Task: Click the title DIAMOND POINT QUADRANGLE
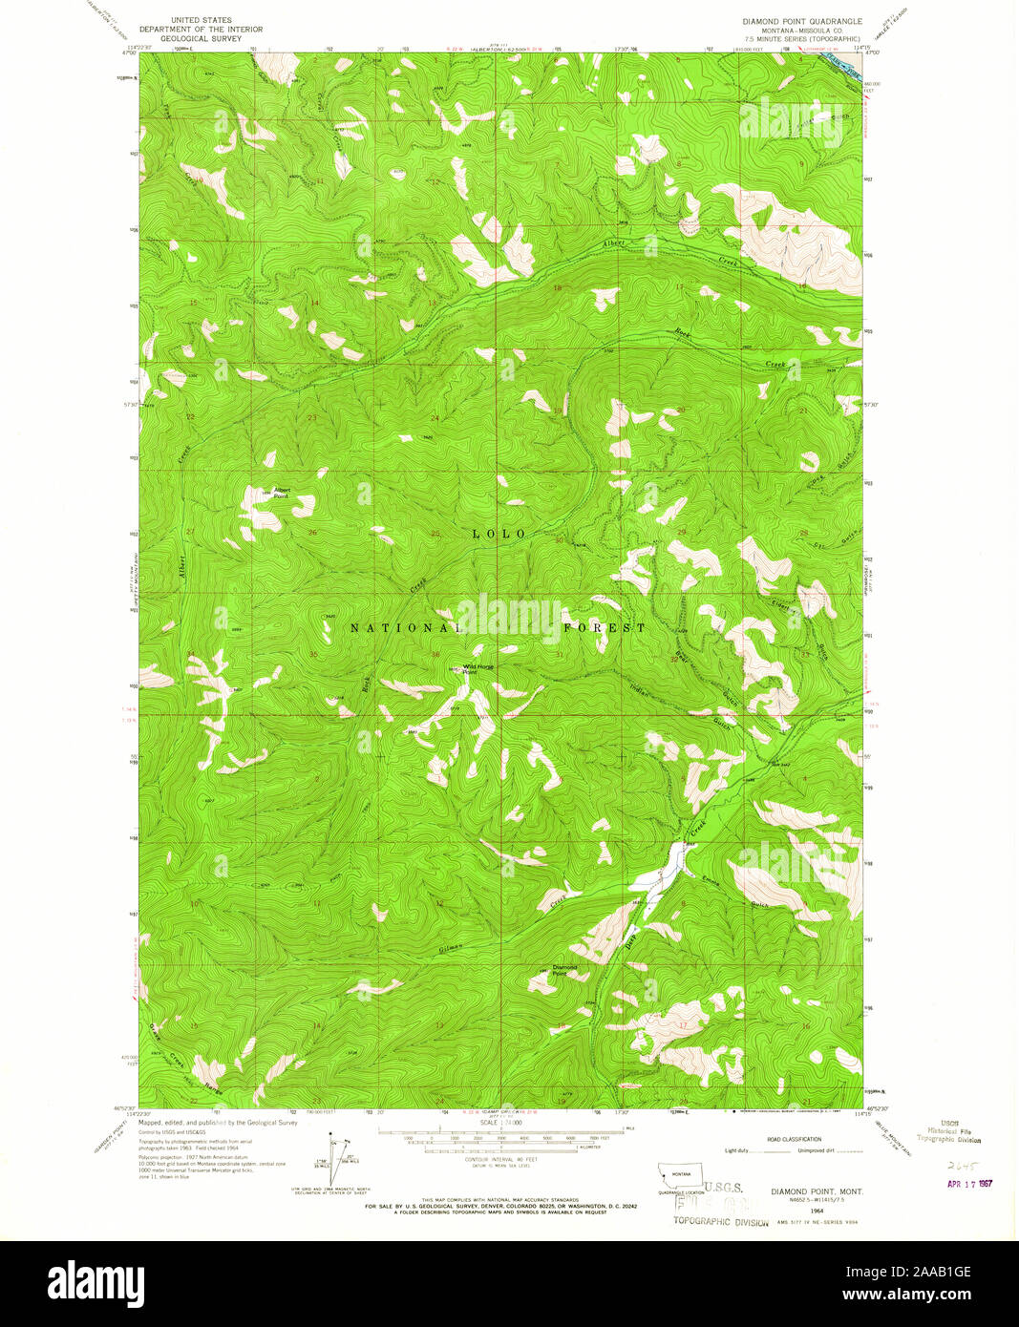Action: (x=801, y=20)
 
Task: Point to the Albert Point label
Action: (x=281, y=494)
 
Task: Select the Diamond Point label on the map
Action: (x=565, y=970)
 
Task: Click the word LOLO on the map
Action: (x=499, y=534)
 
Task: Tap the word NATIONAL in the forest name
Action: (x=406, y=628)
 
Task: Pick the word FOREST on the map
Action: (x=604, y=628)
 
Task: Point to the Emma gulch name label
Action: (x=710, y=880)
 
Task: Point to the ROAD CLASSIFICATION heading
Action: (x=793, y=1139)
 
